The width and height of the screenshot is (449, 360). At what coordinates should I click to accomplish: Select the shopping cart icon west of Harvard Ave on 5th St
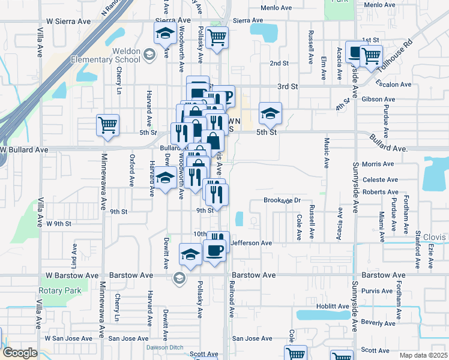point(108,125)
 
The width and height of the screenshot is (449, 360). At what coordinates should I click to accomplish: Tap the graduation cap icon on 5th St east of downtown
point(270,112)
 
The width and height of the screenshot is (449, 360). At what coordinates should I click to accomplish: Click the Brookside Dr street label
point(282,200)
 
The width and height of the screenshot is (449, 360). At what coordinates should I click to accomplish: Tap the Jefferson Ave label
point(252,243)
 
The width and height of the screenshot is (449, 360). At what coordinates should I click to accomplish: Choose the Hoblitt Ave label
point(334,306)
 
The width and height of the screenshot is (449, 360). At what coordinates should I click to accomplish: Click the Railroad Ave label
point(231,301)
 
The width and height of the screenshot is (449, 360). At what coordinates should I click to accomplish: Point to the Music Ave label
point(326,152)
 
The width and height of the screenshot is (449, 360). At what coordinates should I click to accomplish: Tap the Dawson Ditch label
point(163,347)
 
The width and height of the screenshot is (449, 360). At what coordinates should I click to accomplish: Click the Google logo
point(19,353)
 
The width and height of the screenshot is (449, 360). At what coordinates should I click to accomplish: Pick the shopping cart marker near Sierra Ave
point(217,37)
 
